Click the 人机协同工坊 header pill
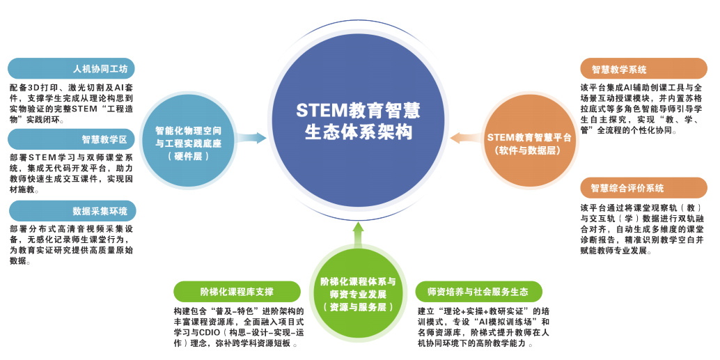[71, 69]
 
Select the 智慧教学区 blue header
[71, 139]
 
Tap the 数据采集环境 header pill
[72, 211]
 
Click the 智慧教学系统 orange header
[643, 69]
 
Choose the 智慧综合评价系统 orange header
[643, 188]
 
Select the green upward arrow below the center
[358, 235]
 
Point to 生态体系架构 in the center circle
[358, 132]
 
